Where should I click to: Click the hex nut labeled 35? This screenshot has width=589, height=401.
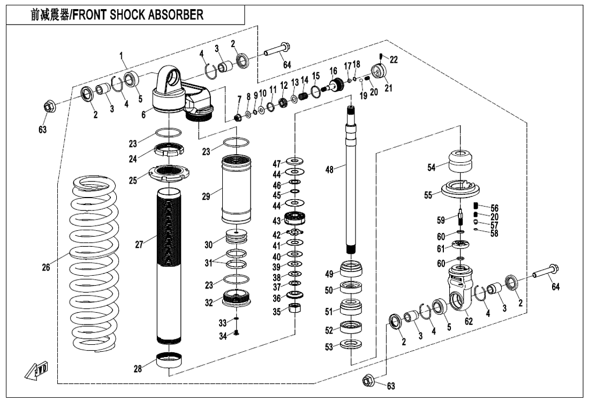click(293, 308)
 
